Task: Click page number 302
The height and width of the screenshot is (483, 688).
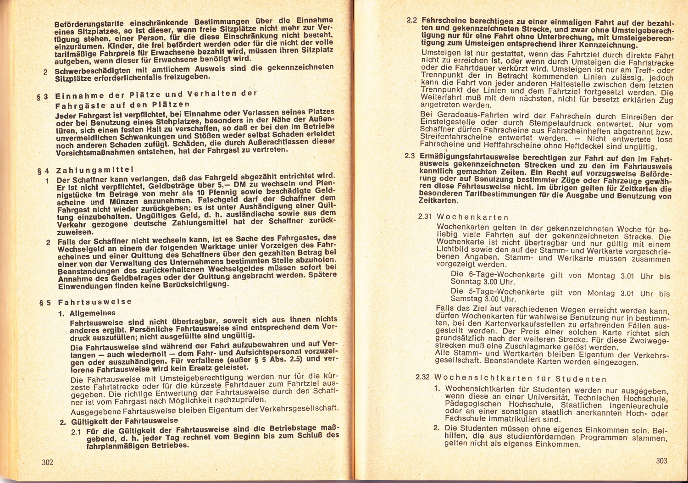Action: pos(48,462)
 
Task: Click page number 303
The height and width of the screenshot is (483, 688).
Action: pos(661,461)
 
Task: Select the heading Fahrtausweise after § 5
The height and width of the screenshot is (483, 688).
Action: pos(95,302)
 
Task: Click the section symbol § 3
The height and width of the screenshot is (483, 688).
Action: pos(43,97)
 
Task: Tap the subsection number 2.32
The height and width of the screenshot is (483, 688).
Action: pos(422,377)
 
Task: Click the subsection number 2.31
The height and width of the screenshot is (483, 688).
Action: pos(425,216)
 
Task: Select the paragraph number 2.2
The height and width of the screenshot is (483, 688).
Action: pos(412,21)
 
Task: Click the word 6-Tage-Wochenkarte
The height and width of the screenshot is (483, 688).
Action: pos(491,275)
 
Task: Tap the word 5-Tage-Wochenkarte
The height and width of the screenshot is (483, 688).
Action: pos(491,292)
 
